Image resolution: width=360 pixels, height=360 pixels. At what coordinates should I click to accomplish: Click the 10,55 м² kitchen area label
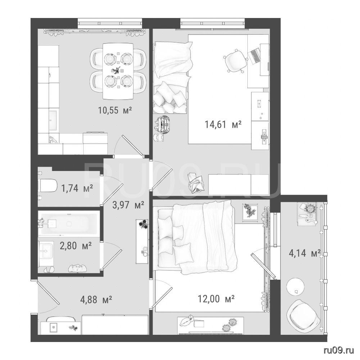(x=115, y=111)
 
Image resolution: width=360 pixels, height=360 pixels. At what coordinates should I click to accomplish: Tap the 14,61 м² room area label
(x=223, y=125)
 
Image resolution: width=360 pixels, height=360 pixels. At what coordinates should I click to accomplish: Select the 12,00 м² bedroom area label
(x=216, y=299)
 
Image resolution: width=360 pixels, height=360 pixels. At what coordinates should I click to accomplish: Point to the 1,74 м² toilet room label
(x=77, y=188)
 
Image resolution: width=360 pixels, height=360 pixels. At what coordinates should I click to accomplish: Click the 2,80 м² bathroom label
(x=76, y=246)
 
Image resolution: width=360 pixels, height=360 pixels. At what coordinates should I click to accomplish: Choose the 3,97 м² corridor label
(x=128, y=205)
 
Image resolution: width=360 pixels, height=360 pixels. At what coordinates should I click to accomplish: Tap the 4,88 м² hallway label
(x=96, y=300)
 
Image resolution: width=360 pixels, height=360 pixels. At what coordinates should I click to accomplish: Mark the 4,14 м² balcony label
(x=305, y=253)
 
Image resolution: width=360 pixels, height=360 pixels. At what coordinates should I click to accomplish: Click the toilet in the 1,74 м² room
(x=47, y=185)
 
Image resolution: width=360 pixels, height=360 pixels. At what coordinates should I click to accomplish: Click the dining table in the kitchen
(x=118, y=71)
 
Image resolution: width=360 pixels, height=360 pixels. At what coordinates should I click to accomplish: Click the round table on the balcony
(x=296, y=287)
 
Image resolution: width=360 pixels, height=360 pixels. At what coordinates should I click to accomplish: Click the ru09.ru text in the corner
(x=339, y=350)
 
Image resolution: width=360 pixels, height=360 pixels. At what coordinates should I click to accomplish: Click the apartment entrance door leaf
(x=48, y=293)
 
